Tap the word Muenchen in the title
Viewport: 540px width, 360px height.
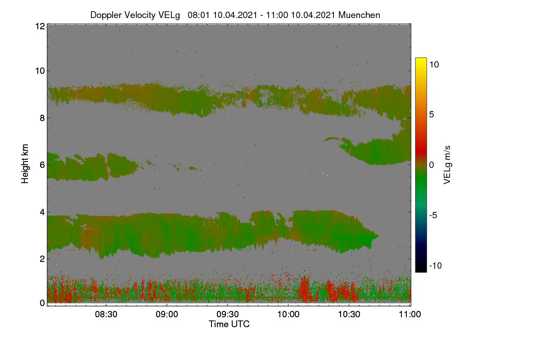click(359, 15)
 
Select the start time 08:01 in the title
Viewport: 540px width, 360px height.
click(199, 15)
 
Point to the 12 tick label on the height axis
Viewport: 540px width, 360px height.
click(40, 26)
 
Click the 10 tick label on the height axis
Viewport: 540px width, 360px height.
click(40, 71)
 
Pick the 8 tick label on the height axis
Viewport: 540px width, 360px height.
click(42, 118)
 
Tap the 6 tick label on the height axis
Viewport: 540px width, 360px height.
click(42, 165)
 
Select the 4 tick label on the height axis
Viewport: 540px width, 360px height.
click(42, 212)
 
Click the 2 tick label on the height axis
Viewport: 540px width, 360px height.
click(42, 259)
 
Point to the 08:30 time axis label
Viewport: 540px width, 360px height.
click(106, 314)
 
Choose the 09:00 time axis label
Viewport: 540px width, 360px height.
click(167, 314)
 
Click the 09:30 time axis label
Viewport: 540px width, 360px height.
click(228, 314)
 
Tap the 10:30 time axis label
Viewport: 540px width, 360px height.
click(349, 314)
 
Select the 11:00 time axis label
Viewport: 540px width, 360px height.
click(410, 314)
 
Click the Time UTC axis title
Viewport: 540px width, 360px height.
click(229, 324)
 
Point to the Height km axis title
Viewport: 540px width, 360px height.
click(25, 164)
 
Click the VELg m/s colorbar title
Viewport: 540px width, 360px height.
click(447, 165)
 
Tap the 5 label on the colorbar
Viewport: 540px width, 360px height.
click(432, 115)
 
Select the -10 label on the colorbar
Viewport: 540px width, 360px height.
click(436, 265)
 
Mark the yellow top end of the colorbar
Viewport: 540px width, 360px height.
click(421, 58)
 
